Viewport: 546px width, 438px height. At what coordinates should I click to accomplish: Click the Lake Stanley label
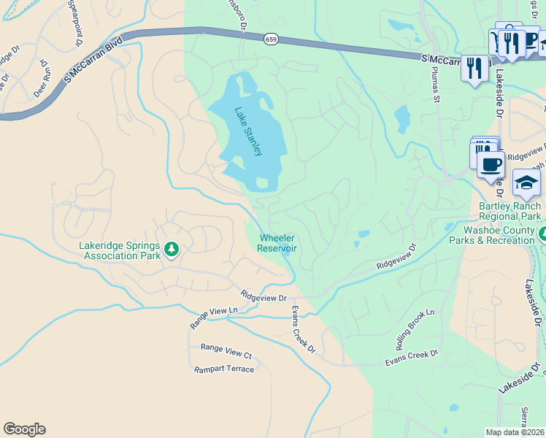point(247,131)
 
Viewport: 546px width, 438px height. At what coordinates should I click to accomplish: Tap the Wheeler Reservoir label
point(277,243)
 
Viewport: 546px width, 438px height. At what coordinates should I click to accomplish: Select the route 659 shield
point(271,39)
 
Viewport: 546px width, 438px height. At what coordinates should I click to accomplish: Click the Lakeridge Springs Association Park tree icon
point(172,250)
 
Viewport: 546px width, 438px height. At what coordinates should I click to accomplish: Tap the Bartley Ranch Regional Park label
point(510,211)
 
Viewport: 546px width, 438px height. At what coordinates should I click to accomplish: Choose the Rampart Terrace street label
point(224,369)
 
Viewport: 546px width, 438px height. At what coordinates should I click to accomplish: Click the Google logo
point(24,429)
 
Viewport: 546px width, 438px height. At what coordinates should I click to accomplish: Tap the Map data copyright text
point(515,432)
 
